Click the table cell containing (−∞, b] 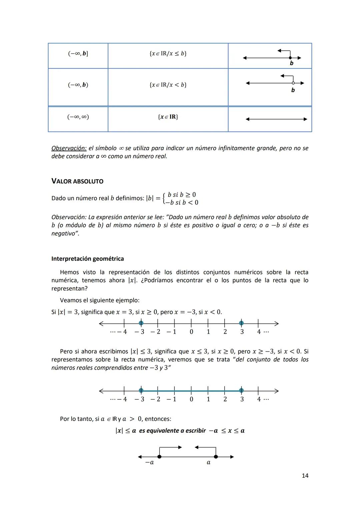coord(78,54)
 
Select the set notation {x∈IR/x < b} coord(168,85)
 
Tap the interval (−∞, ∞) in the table coord(78,117)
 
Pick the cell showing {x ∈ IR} coord(168,117)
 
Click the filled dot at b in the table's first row coord(290,58)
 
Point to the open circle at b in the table coord(293,83)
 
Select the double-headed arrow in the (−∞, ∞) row coord(276,119)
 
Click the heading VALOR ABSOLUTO coord(77,181)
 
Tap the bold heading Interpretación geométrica coord(87,259)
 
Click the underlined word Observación coord(69,148)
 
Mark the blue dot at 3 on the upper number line coord(241,323)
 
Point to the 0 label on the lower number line coord(191,399)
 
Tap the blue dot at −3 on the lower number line coord(141,391)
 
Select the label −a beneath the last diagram coord(150,463)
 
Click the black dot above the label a coord(216,457)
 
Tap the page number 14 coord(305,476)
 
